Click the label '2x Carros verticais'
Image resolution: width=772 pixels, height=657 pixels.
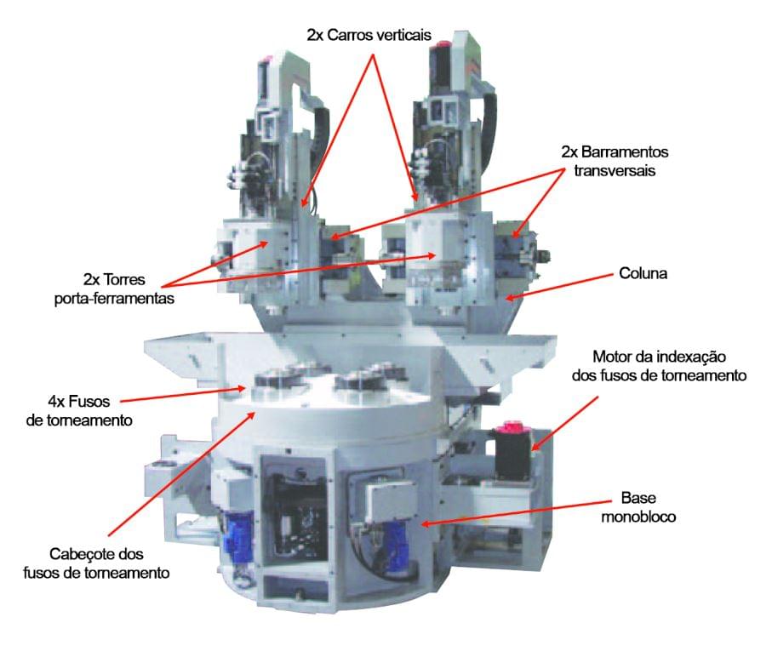coord(369,36)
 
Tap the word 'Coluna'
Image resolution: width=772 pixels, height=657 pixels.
coord(643,273)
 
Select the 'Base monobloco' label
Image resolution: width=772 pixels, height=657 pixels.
coord(638,507)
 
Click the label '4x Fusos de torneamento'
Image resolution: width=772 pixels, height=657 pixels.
coord(79,411)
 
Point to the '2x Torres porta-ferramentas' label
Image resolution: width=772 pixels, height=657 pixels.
coord(114,289)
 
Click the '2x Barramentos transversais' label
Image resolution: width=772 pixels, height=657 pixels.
coord(615,161)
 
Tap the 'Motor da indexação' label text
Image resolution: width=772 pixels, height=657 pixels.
coord(660,357)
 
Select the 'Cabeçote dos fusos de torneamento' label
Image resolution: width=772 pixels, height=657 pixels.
coord(96,563)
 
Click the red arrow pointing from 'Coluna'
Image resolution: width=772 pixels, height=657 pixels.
coord(559,287)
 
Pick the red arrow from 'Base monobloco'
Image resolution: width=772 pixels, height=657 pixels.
coord(516,513)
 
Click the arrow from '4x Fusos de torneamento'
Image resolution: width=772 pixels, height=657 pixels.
coord(183,394)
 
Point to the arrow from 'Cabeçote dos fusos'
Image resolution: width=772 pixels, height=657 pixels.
coord(181,474)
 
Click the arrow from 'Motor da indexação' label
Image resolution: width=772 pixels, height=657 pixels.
coord(564,424)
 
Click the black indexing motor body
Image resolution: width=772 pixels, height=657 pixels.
coord(513,454)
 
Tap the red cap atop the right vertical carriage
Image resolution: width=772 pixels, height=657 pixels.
coord(442,46)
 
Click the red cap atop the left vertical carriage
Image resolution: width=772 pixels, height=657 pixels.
coord(267,60)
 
